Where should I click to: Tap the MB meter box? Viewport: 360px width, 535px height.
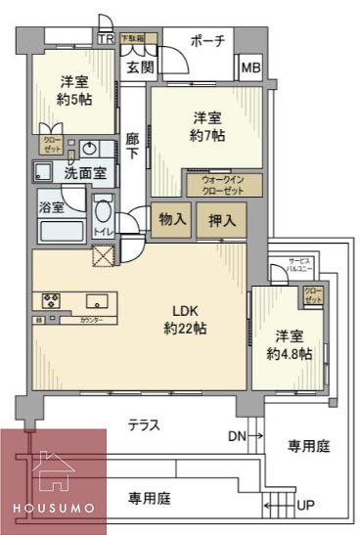click(250, 68)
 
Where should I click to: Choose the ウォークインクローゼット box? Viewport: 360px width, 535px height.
click(223, 185)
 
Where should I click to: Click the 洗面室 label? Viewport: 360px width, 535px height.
click(85, 172)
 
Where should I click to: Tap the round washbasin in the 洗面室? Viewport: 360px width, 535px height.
click(90, 150)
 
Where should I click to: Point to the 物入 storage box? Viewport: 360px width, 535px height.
click(172, 220)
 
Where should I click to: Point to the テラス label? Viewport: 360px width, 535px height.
click(144, 424)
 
